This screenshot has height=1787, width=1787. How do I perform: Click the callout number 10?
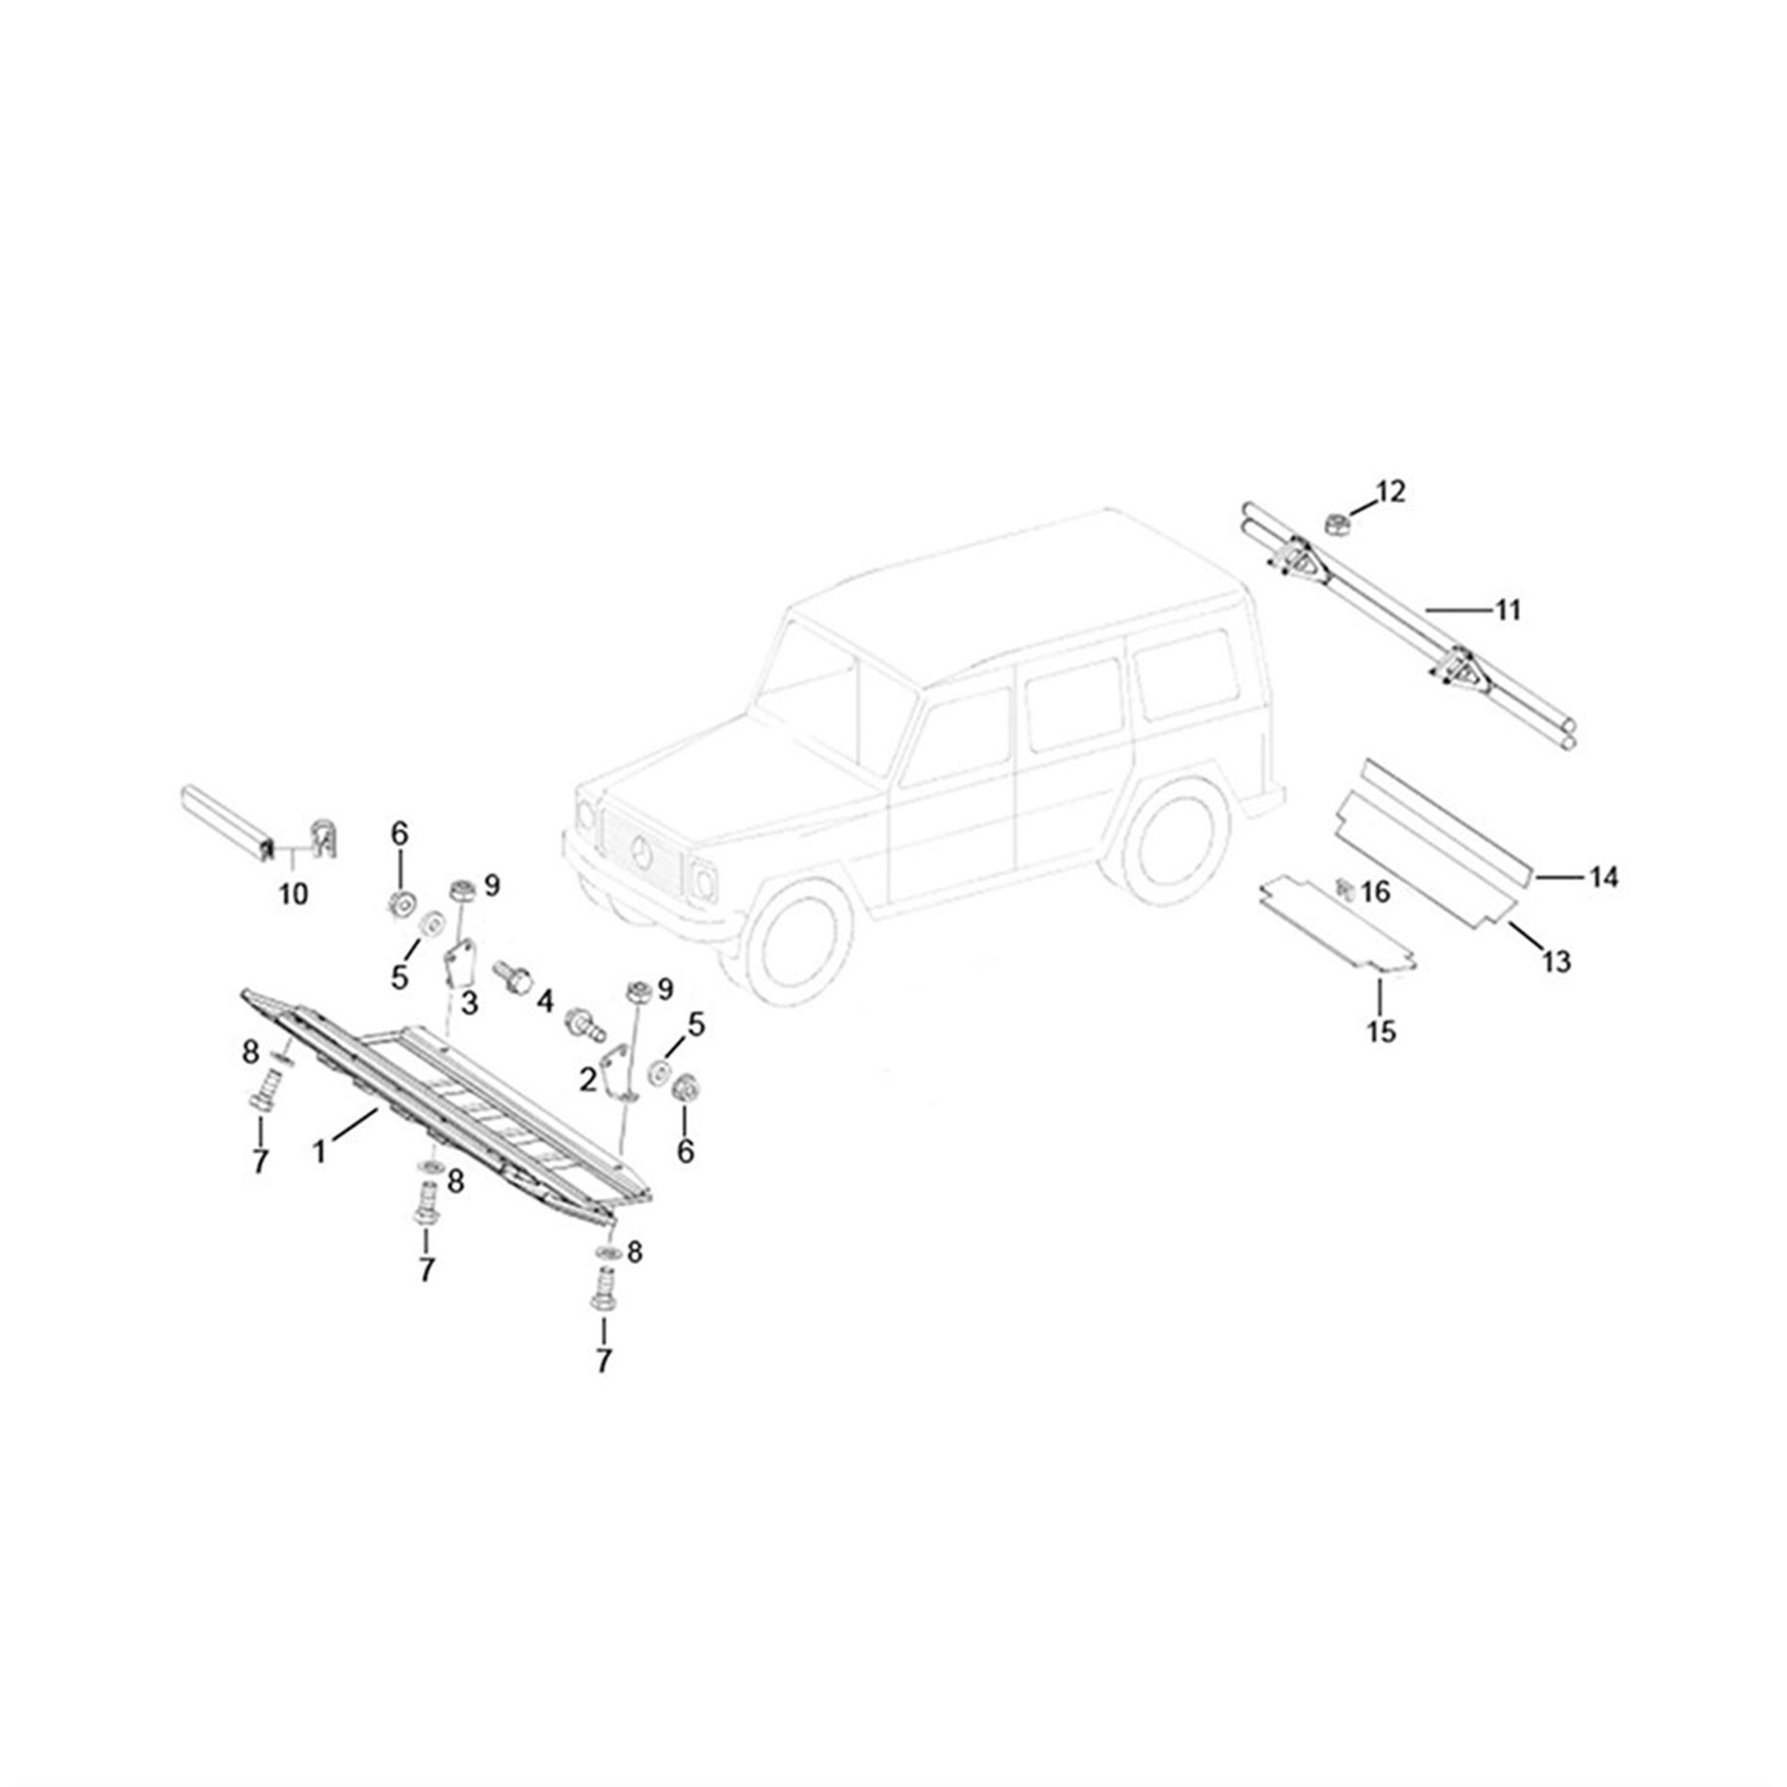293,893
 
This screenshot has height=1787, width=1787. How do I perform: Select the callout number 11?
1508,610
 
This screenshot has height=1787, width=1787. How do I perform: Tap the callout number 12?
1390,491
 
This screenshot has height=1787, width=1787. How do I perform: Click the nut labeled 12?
1336,523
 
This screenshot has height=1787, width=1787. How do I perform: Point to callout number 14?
1604,878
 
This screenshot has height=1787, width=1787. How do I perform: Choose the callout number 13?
1557,961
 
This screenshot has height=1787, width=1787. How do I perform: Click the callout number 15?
1382,1032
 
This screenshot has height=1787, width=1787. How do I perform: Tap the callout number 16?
1375,891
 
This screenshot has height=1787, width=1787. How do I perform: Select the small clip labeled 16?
1345,887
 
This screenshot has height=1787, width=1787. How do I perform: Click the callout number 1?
320,1151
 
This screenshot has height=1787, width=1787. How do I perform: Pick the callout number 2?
588,1081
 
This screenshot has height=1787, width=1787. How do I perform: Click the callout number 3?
468,1004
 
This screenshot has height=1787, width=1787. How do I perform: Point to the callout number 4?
545,1003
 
